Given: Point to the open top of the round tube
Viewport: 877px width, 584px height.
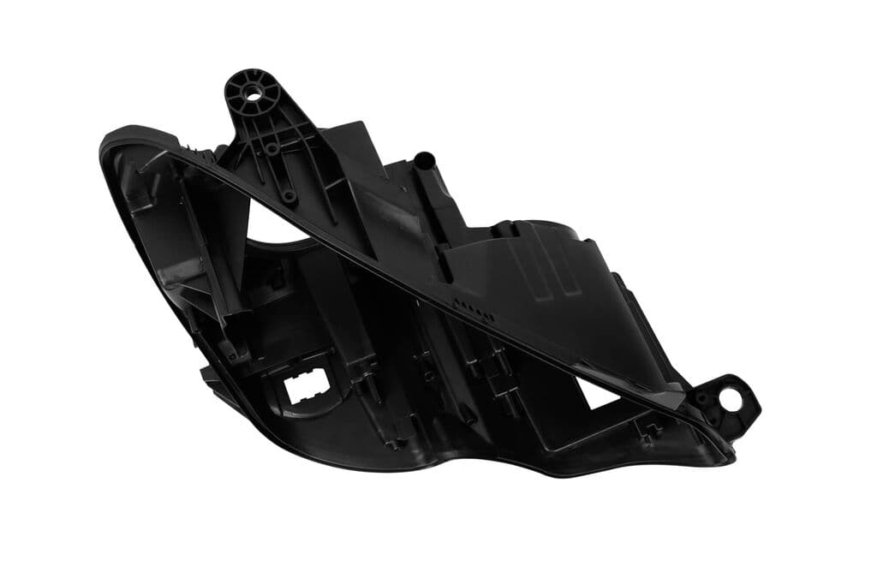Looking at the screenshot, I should [x=424, y=158].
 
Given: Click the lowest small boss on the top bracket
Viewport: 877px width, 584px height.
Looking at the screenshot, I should [x=290, y=195].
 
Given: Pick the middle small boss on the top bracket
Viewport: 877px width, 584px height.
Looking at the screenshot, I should [x=271, y=148].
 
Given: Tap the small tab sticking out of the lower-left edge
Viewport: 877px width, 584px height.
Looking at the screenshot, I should [x=206, y=373].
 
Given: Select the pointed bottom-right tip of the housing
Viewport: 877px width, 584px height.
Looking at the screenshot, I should [x=729, y=459].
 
